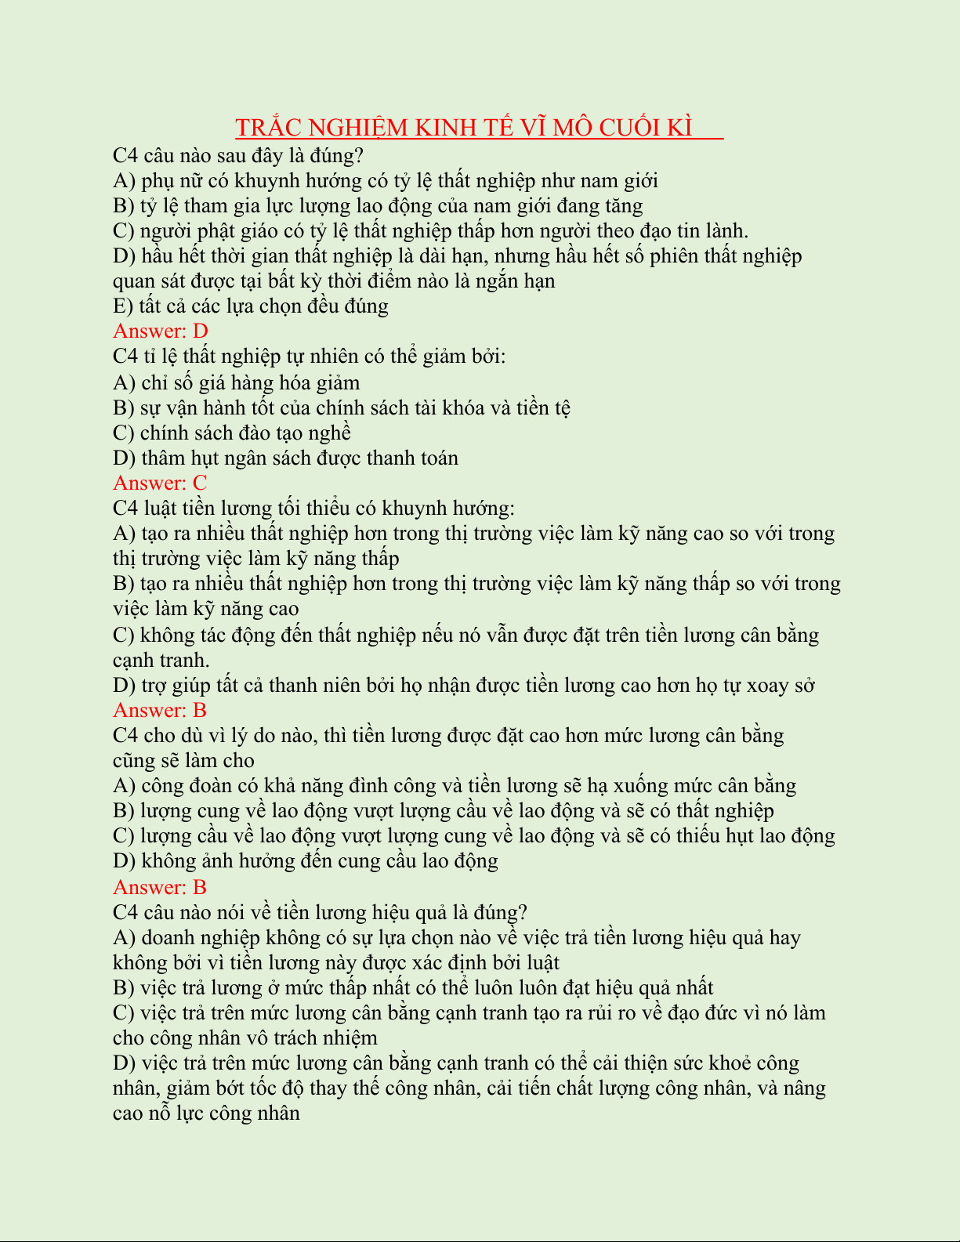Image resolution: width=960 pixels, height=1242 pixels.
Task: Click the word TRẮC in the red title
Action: (267, 128)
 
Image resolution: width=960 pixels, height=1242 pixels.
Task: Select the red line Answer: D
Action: (161, 331)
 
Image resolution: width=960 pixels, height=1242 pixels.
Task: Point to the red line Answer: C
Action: (160, 483)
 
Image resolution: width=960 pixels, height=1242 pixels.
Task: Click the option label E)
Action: (124, 306)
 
